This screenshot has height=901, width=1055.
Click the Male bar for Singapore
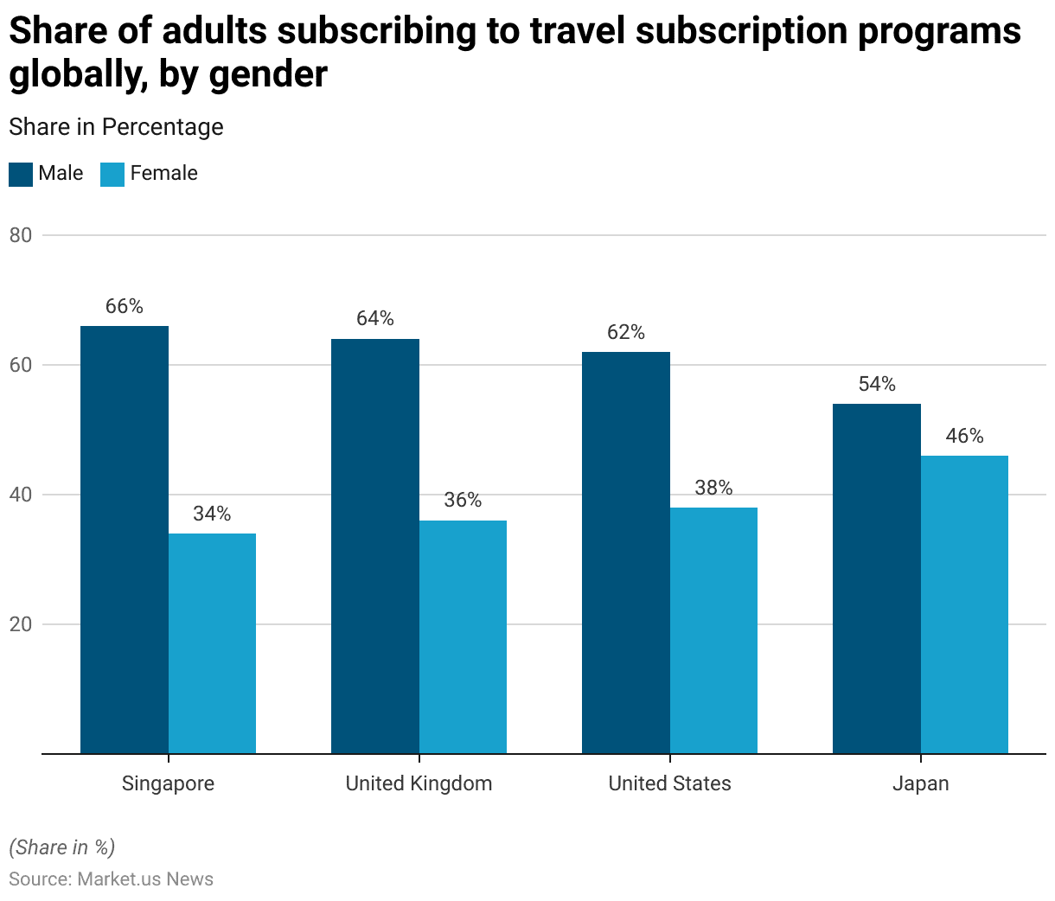pos(125,540)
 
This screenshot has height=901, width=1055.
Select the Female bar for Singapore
pos(212,643)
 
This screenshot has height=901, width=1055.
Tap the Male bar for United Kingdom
pos(375,546)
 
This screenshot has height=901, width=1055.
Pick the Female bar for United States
pos(713,630)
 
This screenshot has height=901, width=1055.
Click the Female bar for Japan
pos(964,604)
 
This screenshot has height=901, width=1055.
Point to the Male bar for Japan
pos(877,578)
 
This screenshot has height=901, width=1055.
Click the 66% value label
pos(125,307)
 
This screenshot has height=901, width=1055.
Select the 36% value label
pos(463,501)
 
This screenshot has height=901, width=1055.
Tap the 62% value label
pos(626,333)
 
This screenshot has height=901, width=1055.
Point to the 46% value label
pos(964,436)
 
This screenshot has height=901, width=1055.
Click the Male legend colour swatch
pos(21,174)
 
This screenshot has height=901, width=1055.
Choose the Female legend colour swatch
pos(112,174)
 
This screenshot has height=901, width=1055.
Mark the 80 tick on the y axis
pos(21,235)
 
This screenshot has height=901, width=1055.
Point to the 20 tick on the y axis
pos(21,624)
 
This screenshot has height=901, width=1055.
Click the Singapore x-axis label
pos(168,783)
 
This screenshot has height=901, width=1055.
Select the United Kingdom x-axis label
pos(419,783)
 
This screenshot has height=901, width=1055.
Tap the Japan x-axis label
pos(920,783)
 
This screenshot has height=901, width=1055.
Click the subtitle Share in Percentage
pos(116,127)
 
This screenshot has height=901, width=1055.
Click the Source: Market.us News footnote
pos(111,879)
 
